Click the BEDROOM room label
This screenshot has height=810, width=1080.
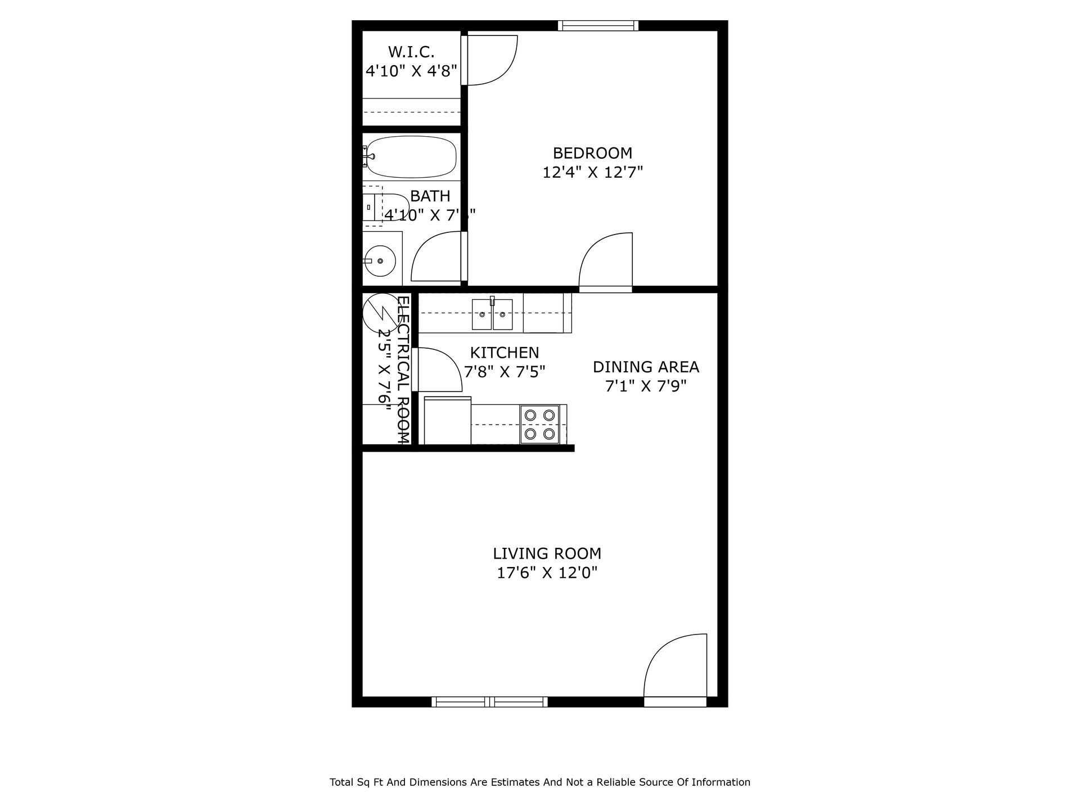[x=592, y=153]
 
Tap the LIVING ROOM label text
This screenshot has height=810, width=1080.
[x=547, y=553]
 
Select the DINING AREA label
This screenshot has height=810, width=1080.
[x=646, y=367]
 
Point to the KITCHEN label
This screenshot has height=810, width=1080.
[x=505, y=353]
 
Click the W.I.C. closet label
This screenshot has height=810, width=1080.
[x=411, y=52]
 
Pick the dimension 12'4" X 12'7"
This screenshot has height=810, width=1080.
[x=592, y=172]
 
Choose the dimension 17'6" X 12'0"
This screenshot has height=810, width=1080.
[x=547, y=573]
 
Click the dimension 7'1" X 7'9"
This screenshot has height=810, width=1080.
[x=646, y=386]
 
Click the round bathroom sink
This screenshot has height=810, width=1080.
[x=380, y=260]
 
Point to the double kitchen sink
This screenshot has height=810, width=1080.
[x=492, y=314]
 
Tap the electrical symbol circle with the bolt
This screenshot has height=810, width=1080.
[x=380, y=312]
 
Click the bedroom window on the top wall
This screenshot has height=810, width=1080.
[x=598, y=25]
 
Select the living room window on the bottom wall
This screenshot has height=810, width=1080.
[x=489, y=701]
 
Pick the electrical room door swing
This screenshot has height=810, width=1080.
[x=438, y=370]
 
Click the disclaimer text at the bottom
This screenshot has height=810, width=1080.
[x=539, y=782]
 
